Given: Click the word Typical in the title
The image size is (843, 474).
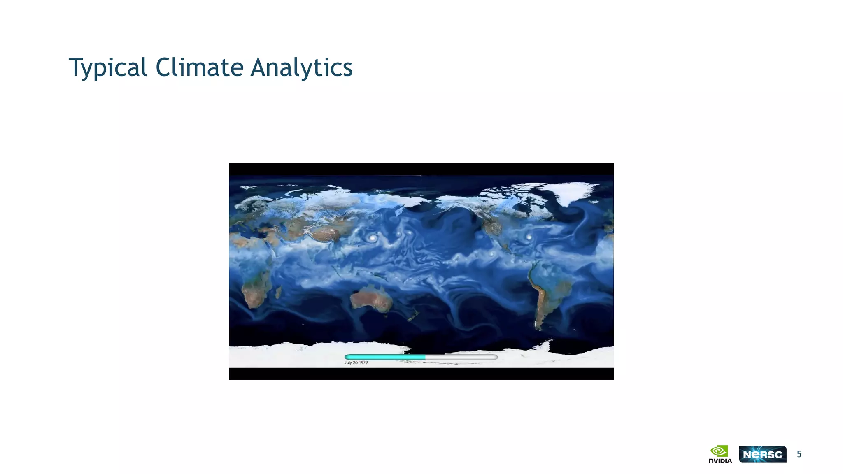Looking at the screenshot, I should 107,67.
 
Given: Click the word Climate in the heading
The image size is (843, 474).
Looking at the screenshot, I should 199,67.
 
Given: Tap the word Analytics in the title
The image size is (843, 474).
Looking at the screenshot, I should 301,67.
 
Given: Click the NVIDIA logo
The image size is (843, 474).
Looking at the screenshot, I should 720,454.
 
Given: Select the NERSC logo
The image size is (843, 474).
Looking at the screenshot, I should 762,454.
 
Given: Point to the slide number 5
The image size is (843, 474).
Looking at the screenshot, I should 799,454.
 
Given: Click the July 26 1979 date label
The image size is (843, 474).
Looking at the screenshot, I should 356,362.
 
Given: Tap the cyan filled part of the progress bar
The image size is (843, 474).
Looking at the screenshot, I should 385,357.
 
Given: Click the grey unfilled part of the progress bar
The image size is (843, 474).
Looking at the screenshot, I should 461,357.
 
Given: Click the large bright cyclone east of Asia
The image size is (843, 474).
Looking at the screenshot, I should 373,238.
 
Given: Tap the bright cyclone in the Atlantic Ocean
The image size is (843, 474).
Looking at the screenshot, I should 529,237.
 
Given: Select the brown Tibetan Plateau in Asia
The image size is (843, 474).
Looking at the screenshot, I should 325,235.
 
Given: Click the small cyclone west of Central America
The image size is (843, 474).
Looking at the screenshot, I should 491,254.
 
